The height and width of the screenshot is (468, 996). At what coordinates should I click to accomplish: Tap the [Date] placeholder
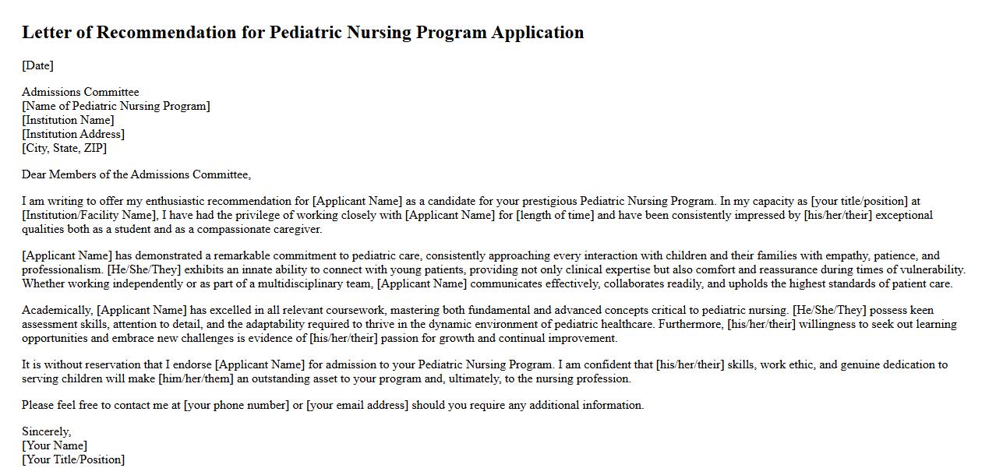coord(37,65)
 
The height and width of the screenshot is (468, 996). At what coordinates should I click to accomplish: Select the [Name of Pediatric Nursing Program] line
coord(116,106)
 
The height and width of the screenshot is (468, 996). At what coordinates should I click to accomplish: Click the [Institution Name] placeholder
coord(68,120)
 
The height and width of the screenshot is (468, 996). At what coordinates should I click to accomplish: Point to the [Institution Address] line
coord(73,134)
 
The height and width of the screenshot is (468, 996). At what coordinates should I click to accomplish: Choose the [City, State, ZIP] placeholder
coord(64,148)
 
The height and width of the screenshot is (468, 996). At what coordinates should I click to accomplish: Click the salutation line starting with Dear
coord(136,174)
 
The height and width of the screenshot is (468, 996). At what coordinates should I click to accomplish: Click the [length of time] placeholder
coord(555,215)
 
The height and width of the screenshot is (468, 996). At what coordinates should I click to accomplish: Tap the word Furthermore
coord(690,324)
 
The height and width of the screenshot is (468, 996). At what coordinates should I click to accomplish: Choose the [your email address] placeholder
coord(357,405)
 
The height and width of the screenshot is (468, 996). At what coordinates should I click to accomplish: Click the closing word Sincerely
coord(46,431)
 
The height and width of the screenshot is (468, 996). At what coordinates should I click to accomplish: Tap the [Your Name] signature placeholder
coord(55,445)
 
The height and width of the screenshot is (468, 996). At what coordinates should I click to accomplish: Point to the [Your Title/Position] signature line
coord(73,459)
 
